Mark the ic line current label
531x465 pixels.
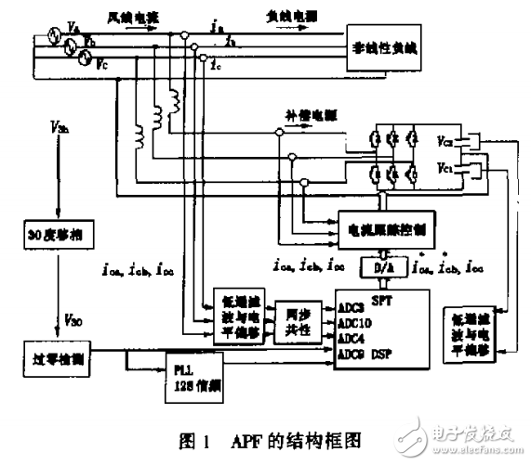216,64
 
